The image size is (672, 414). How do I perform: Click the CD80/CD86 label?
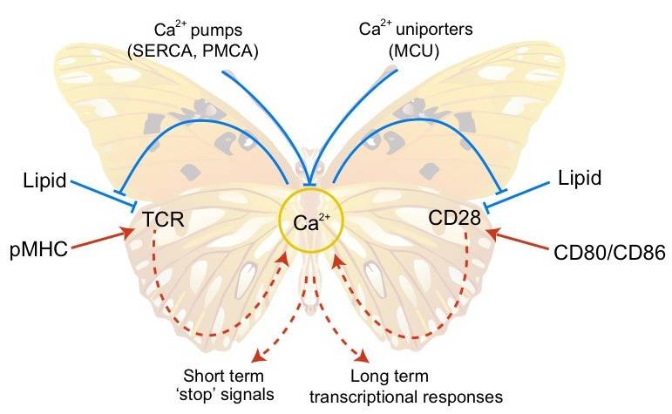[x=610, y=253]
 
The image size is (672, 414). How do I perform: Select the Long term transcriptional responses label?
[x=407, y=386]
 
